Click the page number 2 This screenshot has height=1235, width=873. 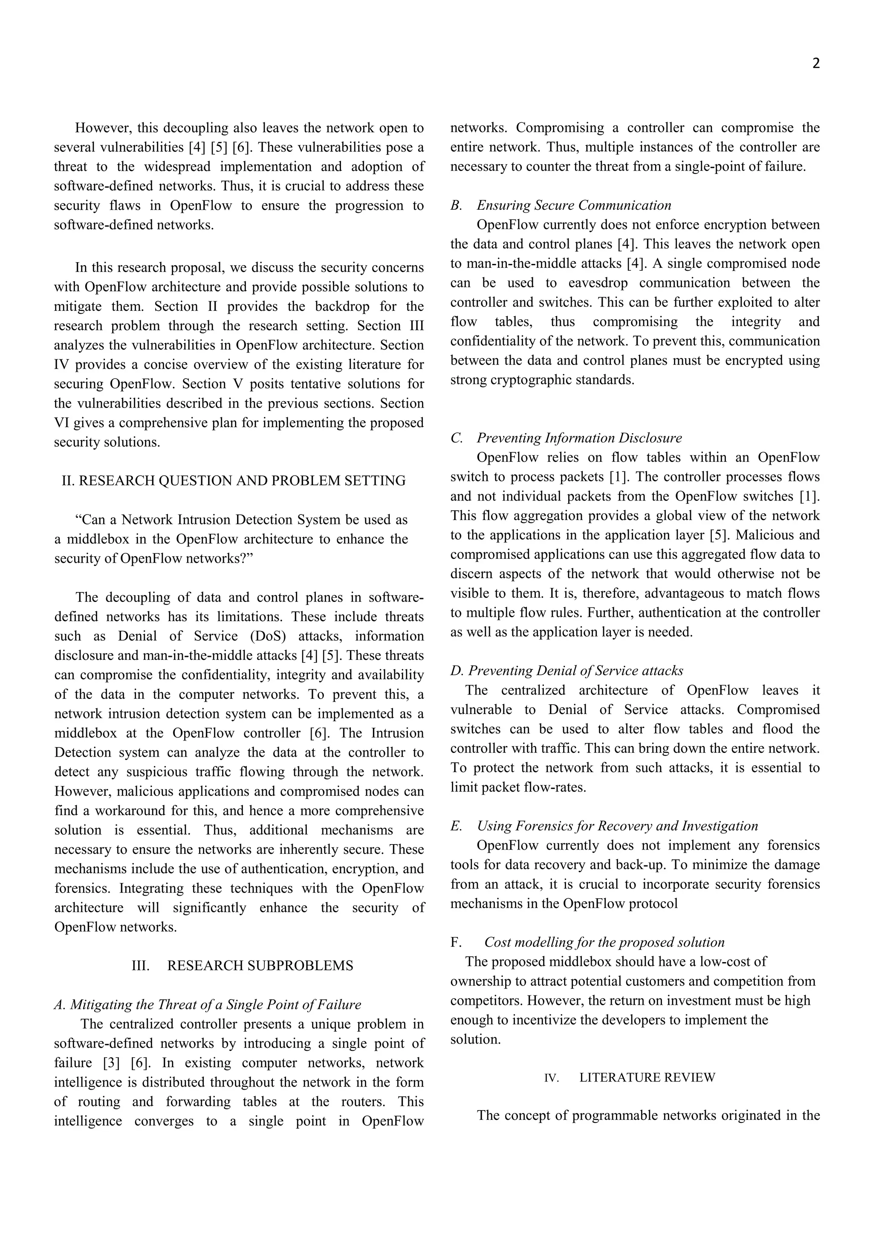pyautogui.click(x=815, y=64)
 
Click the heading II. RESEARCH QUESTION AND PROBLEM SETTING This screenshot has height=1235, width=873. pyautogui.click(x=234, y=481)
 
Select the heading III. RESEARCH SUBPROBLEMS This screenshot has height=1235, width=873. pyautogui.click(x=242, y=966)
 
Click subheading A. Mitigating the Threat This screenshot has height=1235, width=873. pyautogui.click(x=208, y=1004)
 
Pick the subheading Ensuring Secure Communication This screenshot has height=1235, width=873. pyautogui.click(x=573, y=205)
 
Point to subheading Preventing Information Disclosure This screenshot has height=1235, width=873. pyautogui.click(x=579, y=438)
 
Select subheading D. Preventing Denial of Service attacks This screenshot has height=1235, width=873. pyautogui.click(x=567, y=671)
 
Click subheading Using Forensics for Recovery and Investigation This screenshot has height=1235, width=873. pyautogui.click(x=617, y=826)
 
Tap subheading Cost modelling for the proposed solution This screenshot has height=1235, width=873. pyautogui.click(x=604, y=943)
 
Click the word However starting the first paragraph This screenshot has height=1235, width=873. pyautogui.click(x=103, y=128)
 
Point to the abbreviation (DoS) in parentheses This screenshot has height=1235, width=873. pyautogui.click(x=268, y=636)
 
